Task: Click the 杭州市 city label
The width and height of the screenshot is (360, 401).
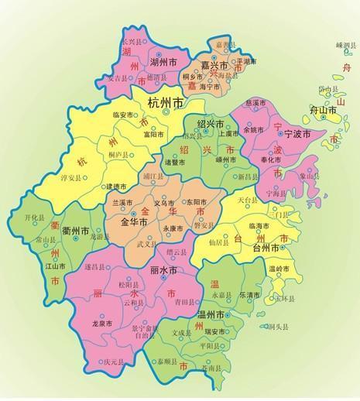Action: click(166, 102)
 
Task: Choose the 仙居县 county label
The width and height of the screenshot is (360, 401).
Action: click(219, 242)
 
